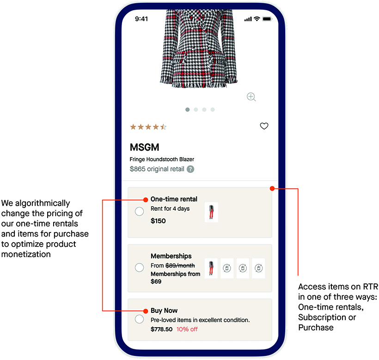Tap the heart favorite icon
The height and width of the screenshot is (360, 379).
[264, 126]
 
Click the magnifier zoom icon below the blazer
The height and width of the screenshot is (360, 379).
[251, 97]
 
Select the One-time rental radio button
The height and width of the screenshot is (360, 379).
[139, 211]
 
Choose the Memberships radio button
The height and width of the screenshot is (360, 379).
[139, 268]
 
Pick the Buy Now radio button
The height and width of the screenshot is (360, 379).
[139, 319]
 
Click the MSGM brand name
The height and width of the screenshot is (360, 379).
[145, 147]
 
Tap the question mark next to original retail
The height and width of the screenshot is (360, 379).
[190, 169]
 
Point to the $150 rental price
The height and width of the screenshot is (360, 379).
[158, 221]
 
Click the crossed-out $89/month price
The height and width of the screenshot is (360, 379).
[180, 266]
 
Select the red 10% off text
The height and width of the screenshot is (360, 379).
[187, 329]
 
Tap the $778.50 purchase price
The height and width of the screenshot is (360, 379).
[161, 329]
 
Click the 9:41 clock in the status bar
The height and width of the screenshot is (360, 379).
[141, 19]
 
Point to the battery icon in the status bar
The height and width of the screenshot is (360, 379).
[267, 19]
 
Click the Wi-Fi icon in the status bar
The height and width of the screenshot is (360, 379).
[257, 18]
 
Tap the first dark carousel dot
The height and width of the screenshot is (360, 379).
[187, 110]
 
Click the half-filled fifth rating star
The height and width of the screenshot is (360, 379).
[164, 127]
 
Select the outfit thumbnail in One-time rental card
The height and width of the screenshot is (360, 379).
[211, 212]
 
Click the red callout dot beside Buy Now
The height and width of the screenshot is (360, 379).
[146, 311]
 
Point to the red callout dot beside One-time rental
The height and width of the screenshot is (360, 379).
[146, 200]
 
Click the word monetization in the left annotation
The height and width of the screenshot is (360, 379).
[26, 254]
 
